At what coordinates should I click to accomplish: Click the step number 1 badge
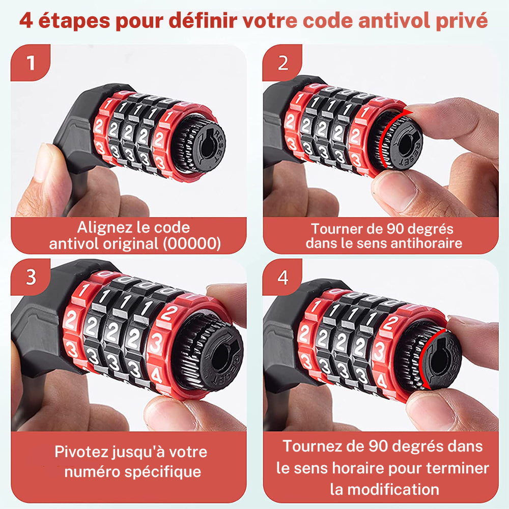(x=31, y=62)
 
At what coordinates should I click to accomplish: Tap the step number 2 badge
(x=282, y=62)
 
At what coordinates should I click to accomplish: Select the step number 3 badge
(x=31, y=277)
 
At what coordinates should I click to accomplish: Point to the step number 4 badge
(x=282, y=277)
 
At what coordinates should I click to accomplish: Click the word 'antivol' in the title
(x=394, y=20)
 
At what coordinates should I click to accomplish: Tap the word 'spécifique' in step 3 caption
(x=163, y=472)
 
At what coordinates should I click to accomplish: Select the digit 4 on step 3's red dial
(x=156, y=377)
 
